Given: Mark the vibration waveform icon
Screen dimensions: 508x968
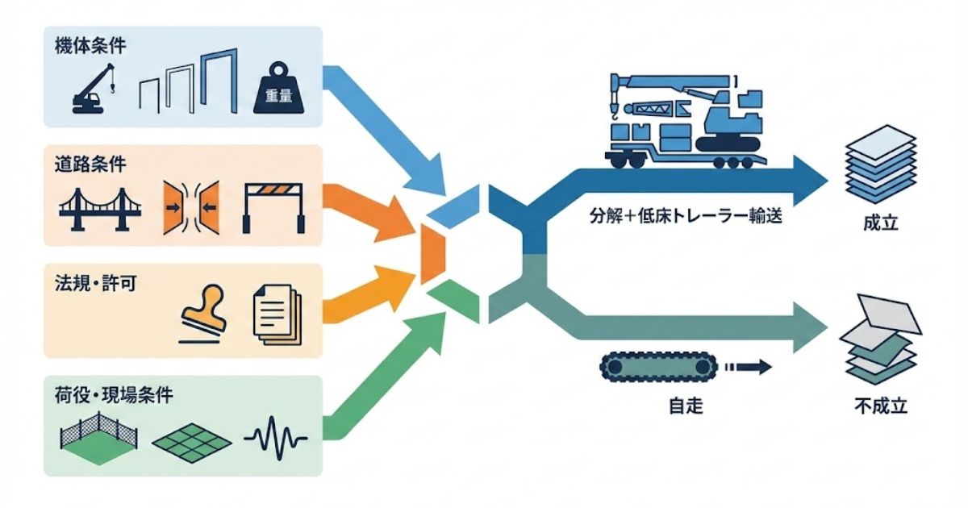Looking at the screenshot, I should pyautogui.click(x=275, y=439).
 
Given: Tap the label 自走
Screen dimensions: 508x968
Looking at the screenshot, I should pyautogui.click(x=685, y=406).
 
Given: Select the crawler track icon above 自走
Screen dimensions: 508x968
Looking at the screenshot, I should pyautogui.click(x=657, y=368).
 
